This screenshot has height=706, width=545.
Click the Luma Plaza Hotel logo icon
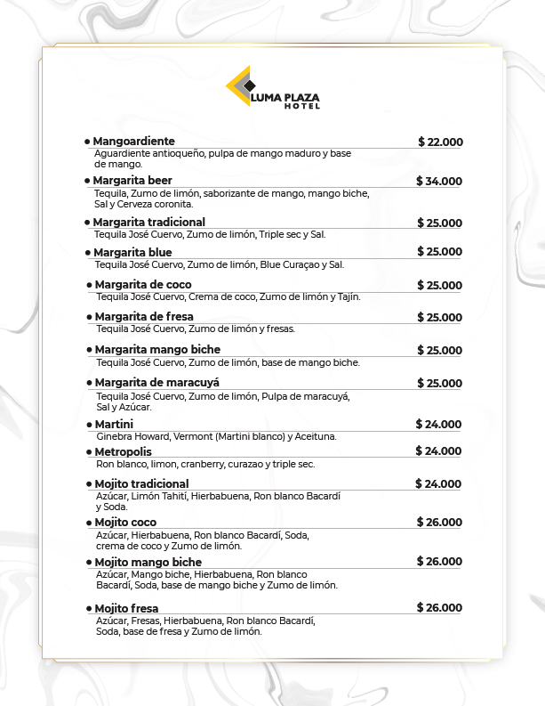(240, 86)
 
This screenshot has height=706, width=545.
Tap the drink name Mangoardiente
(133, 142)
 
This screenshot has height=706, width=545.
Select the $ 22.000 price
(440, 142)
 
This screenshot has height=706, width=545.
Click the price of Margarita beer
(439, 182)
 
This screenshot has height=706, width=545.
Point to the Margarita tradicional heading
(148, 222)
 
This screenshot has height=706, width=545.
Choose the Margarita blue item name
(132, 253)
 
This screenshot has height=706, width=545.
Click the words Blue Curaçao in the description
(292, 264)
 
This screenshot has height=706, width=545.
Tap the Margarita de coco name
(143, 285)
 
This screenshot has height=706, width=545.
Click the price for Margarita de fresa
(440, 318)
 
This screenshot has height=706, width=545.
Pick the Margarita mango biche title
(157, 350)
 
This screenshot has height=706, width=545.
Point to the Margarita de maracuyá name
(156, 383)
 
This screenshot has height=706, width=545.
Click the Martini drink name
(114, 425)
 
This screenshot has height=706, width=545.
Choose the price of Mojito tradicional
(438, 484)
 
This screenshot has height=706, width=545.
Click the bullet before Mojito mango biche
(89, 563)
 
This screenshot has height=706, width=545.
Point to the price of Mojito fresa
(439, 608)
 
